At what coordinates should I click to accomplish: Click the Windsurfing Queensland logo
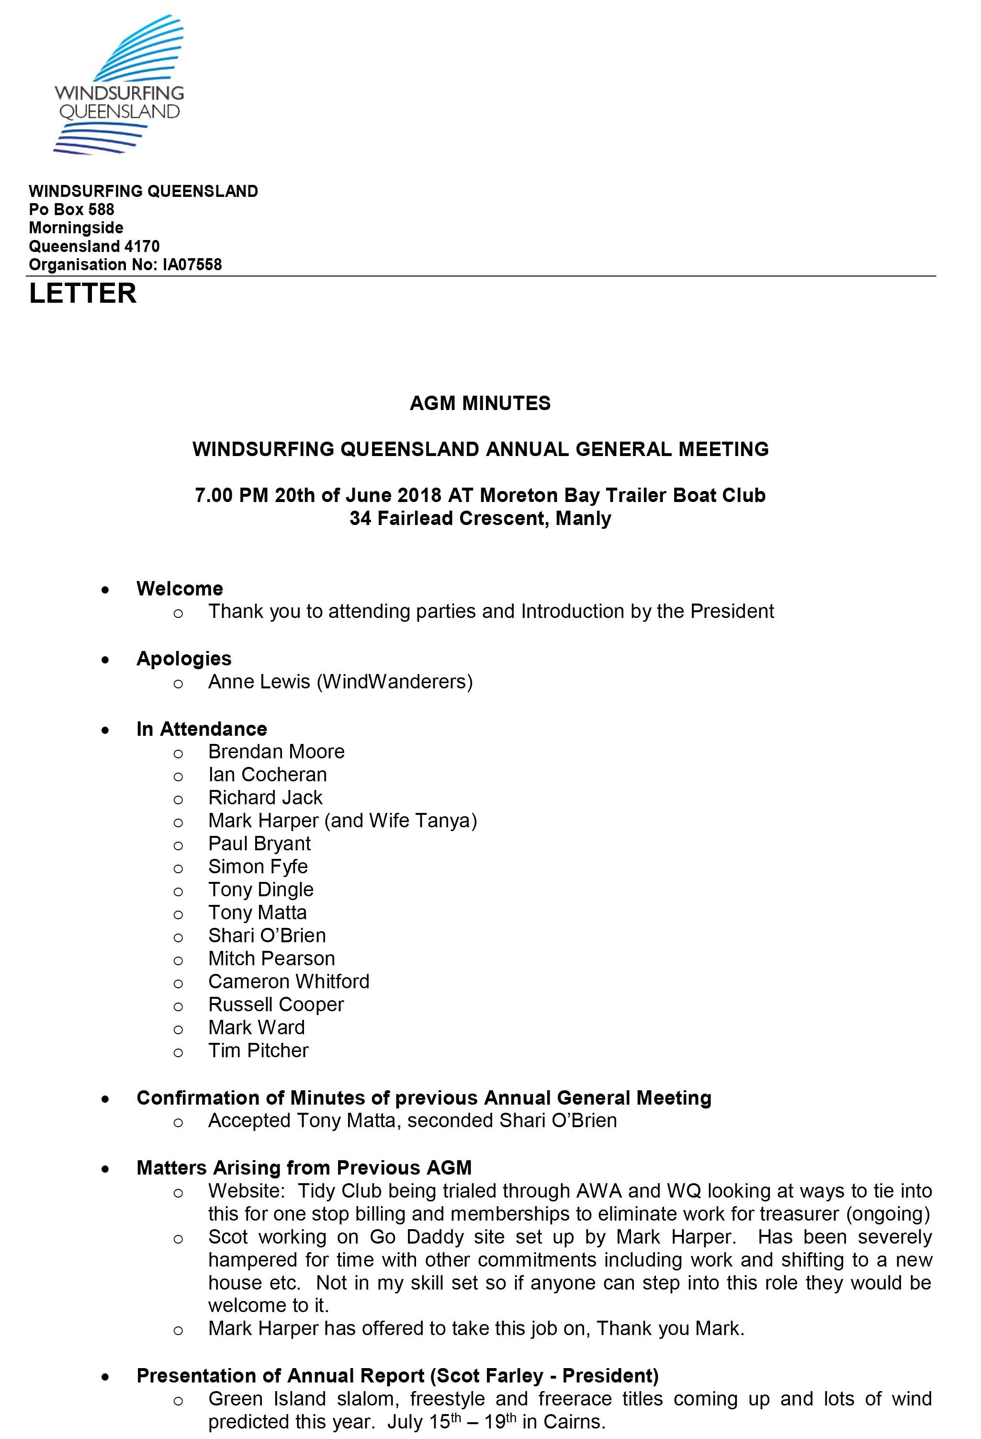(x=119, y=85)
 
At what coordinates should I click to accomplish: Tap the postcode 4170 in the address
(x=142, y=246)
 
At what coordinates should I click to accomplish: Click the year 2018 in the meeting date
(x=419, y=495)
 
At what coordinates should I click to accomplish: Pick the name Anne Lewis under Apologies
(x=259, y=682)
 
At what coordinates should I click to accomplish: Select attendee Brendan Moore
(x=276, y=752)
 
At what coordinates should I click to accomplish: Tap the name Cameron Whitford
(x=288, y=982)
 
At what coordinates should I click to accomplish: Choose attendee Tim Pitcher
(x=258, y=1051)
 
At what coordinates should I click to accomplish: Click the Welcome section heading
(x=180, y=588)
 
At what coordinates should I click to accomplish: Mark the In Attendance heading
(x=202, y=729)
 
